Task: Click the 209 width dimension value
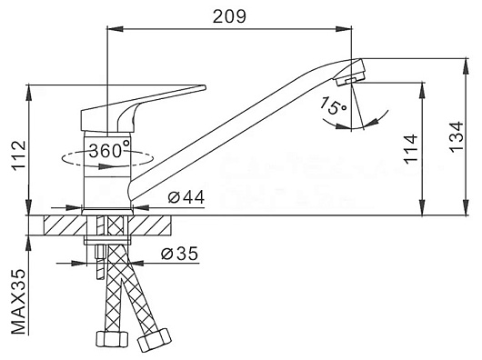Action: [x=229, y=16]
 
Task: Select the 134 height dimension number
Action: [x=457, y=136]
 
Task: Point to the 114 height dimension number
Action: [x=410, y=149]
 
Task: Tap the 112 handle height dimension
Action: [x=19, y=156]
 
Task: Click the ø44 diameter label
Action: [x=186, y=197]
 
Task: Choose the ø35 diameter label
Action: [x=180, y=254]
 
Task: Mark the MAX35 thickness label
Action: [x=19, y=302]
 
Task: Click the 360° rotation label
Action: [x=110, y=151]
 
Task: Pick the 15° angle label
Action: [x=333, y=105]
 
